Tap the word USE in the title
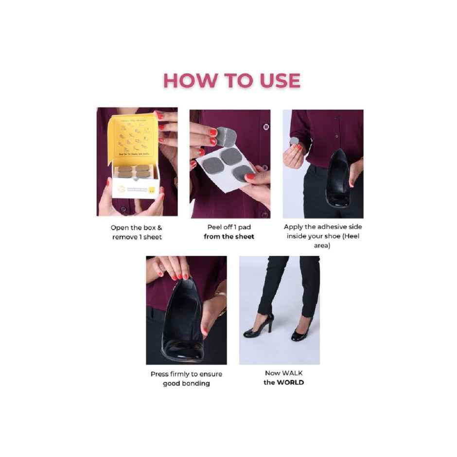[x=280, y=81]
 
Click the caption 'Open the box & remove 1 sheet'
[x=137, y=232]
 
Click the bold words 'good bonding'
[x=186, y=383]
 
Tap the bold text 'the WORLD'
[x=283, y=382]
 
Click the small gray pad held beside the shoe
[x=295, y=141]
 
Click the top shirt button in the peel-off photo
[x=265, y=127]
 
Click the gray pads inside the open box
[x=134, y=171]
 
